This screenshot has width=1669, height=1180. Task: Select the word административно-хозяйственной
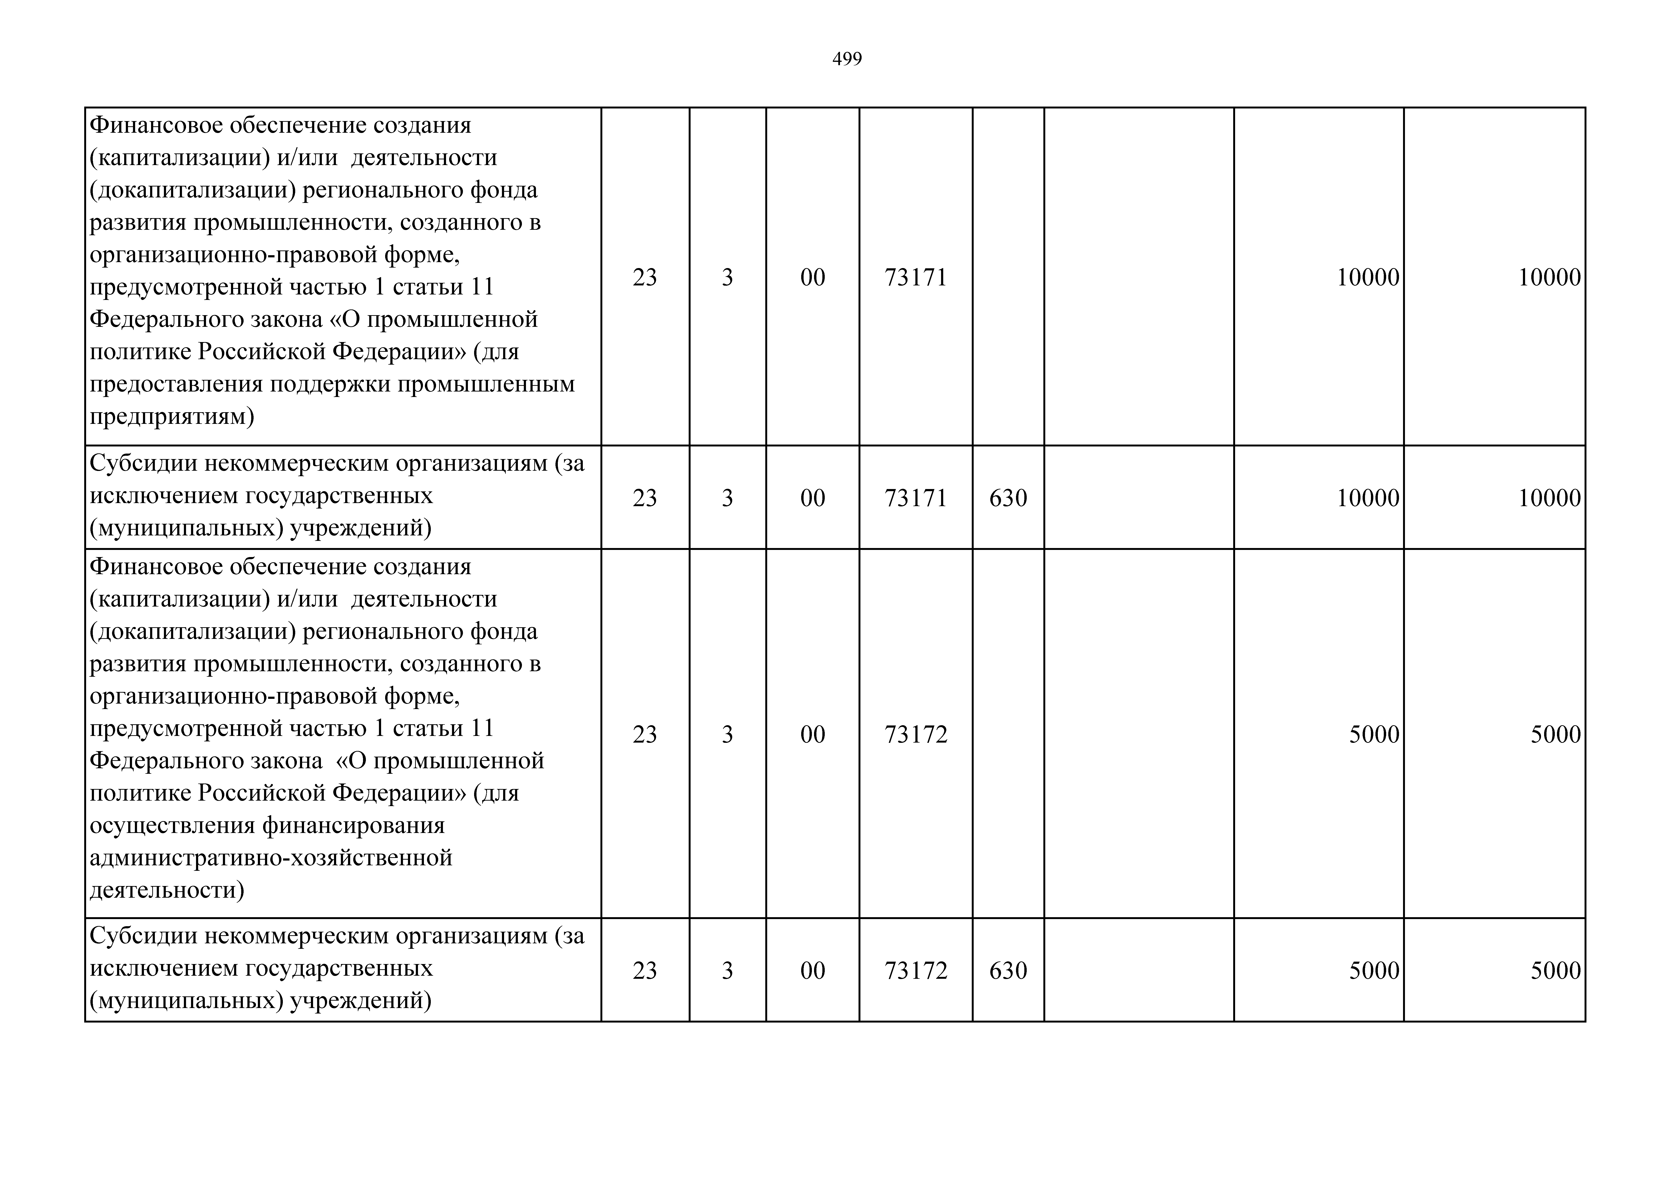(270, 858)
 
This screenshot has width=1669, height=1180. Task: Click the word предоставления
(176, 384)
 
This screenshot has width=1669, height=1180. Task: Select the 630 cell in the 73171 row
(1008, 498)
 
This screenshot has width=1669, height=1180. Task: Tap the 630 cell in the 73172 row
(1008, 971)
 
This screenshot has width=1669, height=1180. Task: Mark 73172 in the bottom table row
(916, 971)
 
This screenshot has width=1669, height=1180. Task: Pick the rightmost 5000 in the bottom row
(1556, 971)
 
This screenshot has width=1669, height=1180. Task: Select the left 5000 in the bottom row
(1374, 971)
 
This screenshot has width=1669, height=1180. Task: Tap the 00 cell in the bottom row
(813, 971)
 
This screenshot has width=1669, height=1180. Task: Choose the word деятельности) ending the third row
(167, 890)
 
